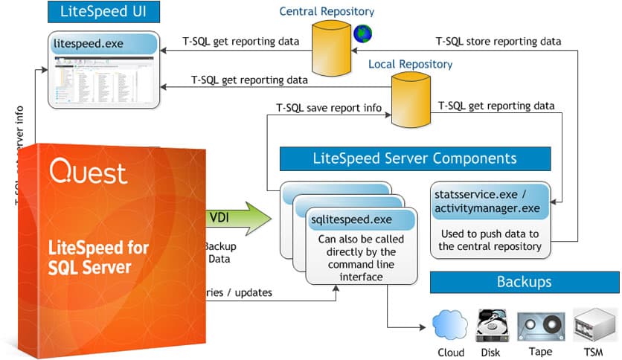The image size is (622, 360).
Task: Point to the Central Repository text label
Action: pos(327,11)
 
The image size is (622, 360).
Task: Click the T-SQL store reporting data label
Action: pos(498,41)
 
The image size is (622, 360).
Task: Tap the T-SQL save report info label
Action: pos(328,109)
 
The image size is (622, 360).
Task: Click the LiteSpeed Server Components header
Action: pos(414,158)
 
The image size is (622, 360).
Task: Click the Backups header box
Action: pos(524,283)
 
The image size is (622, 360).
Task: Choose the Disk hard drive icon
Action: pos(492,326)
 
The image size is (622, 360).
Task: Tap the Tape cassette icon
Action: pos(540,326)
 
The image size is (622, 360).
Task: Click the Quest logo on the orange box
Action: pos(89,173)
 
